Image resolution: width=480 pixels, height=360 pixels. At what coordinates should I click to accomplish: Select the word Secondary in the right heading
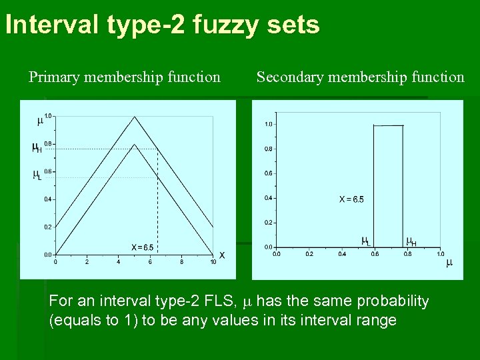[x=288, y=77]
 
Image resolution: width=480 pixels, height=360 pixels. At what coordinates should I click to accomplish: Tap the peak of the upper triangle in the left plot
[x=135, y=117]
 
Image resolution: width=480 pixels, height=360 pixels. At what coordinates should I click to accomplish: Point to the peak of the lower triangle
[x=135, y=145]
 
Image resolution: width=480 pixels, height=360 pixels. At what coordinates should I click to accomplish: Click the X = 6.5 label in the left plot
[x=142, y=247]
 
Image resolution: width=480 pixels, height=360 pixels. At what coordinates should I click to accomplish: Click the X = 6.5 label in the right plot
[x=351, y=199]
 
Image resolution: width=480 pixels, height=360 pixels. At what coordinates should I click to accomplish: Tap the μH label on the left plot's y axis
[x=37, y=148]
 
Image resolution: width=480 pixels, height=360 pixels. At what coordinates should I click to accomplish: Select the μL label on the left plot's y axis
[x=37, y=175]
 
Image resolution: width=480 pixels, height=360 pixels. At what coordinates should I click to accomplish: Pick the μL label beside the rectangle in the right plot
[x=366, y=241]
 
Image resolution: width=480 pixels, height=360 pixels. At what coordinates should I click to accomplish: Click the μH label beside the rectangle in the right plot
[x=411, y=241]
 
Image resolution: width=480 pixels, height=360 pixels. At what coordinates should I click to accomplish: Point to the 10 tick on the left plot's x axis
[x=213, y=262]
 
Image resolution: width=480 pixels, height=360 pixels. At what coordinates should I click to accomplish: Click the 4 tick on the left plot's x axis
[x=119, y=262]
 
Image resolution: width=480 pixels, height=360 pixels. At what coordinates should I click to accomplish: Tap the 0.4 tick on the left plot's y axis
[x=48, y=199]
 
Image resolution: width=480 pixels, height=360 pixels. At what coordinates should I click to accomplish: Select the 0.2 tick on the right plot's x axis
[x=309, y=254]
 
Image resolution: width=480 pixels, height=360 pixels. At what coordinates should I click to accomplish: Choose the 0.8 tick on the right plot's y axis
[x=268, y=149]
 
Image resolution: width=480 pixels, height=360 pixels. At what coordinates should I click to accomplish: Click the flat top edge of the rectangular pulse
[x=388, y=125]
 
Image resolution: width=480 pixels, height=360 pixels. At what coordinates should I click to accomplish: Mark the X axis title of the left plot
[x=222, y=255]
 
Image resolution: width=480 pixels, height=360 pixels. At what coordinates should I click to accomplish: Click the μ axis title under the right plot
[x=449, y=263]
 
